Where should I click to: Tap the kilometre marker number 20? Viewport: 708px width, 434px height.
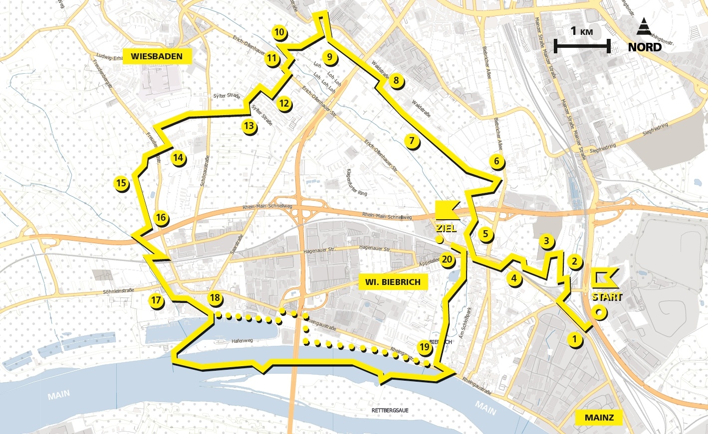point(447,260)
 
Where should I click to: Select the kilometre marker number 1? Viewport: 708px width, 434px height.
point(575,340)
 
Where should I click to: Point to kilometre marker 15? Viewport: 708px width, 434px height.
point(121,183)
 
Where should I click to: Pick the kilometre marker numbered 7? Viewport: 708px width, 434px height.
point(412,141)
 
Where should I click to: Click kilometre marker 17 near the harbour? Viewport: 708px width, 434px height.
point(156,300)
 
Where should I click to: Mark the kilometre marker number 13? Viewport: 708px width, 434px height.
point(249,126)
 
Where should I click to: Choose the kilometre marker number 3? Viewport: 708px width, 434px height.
point(546,242)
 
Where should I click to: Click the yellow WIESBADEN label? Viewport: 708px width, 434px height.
point(157,56)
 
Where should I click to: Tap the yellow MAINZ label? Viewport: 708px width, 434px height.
point(599,418)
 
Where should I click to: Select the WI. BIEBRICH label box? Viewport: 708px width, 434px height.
point(393,282)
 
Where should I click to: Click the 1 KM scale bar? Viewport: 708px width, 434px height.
point(582,47)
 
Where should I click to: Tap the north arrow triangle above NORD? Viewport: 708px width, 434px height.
point(645,26)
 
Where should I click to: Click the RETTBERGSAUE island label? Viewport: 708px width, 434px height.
point(390,410)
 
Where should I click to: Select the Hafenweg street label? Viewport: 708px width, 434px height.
point(242,341)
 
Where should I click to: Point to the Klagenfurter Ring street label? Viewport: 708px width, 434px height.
point(356,182)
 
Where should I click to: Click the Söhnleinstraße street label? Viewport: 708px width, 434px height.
point(118,291)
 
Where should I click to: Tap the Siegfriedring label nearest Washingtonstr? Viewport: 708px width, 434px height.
point(655,129)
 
